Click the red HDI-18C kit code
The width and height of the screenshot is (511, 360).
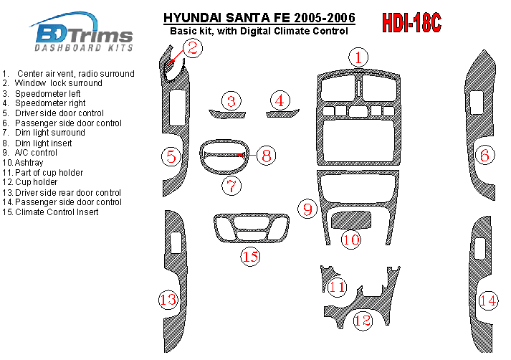click(411, 23)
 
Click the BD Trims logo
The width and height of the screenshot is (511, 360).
click(82, 32)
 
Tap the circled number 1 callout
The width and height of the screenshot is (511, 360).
click(358, 57)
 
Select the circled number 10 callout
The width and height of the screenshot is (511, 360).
click(351, 240)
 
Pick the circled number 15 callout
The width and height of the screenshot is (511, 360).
click(250, 256)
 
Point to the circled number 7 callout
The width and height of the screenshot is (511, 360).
click(231, 186)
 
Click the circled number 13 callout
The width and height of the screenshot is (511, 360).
click(168, 299)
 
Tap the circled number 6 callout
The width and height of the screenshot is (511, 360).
click(484, 155)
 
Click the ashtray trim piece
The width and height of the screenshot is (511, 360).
click(351, 220)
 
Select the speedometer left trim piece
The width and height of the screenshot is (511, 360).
click(227, 114)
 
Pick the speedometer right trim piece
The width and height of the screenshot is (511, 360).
click(282, 113)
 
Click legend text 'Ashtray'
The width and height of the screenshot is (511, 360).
click(29, 162)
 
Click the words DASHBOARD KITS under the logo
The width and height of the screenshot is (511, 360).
click(84, 48)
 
